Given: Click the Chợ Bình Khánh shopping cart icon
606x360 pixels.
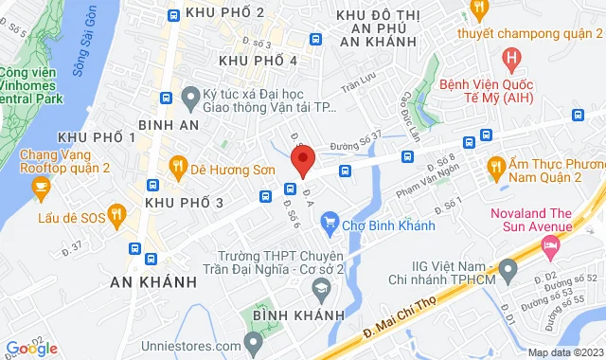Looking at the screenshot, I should coord(330,225).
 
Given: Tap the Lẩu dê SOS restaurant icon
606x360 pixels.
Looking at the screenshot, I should coord(116,214).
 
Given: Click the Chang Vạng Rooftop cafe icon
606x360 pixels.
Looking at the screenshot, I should coord(41,187).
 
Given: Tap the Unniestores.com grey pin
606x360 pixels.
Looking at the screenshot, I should coord(253,340).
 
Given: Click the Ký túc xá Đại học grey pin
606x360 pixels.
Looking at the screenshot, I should coord(189,96).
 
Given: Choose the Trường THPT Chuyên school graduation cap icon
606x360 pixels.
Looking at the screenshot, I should coord(322,287).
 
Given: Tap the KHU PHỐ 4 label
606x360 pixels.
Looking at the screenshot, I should coord(258,61).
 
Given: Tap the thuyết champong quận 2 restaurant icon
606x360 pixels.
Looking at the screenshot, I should coord(479,10).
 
